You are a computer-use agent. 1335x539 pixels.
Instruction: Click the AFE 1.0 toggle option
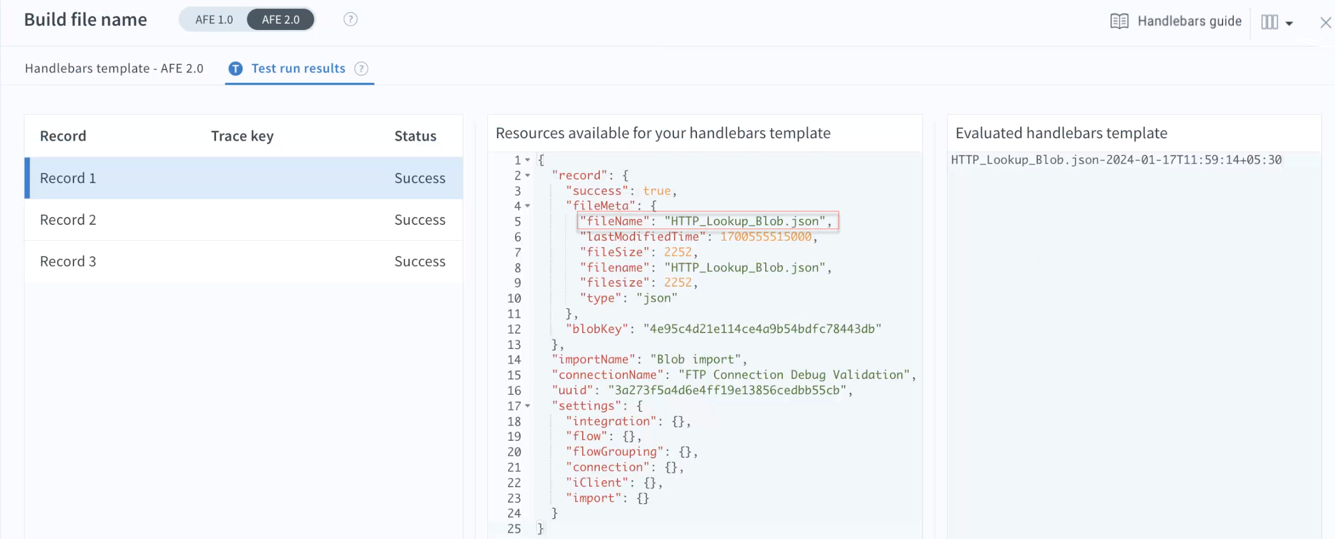coord(214,19)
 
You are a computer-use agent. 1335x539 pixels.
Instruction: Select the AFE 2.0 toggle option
coord(281,19)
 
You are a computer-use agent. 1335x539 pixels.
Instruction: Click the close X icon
coord(1326,22)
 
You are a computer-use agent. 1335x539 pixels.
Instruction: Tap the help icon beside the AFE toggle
coord(350,19)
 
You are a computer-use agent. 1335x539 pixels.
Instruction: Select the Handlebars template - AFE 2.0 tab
coord(114,68)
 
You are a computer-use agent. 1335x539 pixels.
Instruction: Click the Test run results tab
coord(298,68)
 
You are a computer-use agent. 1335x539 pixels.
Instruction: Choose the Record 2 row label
coord(68,219)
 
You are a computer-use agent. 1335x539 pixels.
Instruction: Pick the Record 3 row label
coord(68,261)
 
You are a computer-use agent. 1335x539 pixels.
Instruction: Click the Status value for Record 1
coord(420,178)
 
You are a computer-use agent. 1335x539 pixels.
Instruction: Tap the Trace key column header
coord(243,136)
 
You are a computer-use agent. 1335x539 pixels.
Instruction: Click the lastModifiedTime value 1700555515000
coord(766,237)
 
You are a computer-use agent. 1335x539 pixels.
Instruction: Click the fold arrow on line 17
coord(527,406)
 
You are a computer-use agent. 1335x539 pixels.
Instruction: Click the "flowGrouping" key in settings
coord(615,452)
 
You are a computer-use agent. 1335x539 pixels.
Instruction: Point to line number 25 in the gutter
coord(514,529)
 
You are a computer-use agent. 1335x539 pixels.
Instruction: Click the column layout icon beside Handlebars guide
coord(1270,22)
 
